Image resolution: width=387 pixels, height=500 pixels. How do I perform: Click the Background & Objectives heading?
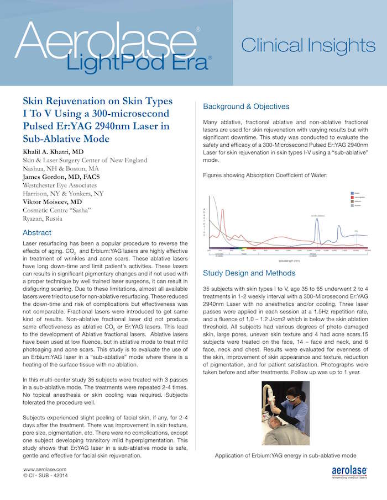[246, 106]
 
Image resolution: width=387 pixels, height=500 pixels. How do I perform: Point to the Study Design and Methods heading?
[248, 273]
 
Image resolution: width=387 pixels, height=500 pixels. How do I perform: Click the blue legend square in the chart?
[352, 194]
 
